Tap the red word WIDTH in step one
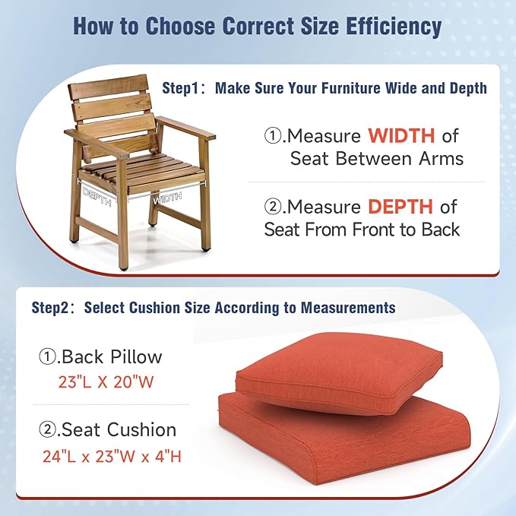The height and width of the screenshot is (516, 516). point(401,136)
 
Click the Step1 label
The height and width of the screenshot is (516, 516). point(185,88)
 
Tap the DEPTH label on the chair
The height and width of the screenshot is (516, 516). point(98,196)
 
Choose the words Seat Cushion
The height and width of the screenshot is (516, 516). point(119,430)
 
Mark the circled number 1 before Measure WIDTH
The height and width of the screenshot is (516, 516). point(272,136)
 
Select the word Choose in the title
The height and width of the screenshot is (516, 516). point(174,26)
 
